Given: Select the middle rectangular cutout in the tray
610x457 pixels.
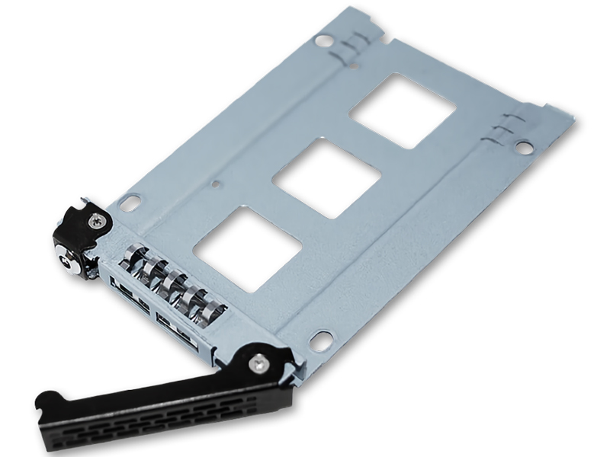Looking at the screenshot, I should pyautogui.click(x=326, y=178).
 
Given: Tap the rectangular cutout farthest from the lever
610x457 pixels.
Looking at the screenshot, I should pyautogui.click(x=403, y=110).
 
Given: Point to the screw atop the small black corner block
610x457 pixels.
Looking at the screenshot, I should pyautogui.click(x=95, y=220).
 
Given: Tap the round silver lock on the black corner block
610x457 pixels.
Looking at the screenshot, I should pyautogui.click(x=67, y=264).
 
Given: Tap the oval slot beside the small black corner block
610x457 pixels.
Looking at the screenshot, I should pyautogui.click(x=129, y=203).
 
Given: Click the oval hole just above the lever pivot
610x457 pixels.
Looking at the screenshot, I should pyautogui.click(x=321, y=340).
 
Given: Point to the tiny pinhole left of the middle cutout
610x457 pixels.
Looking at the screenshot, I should pyautogui.click(x=217, y=184).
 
